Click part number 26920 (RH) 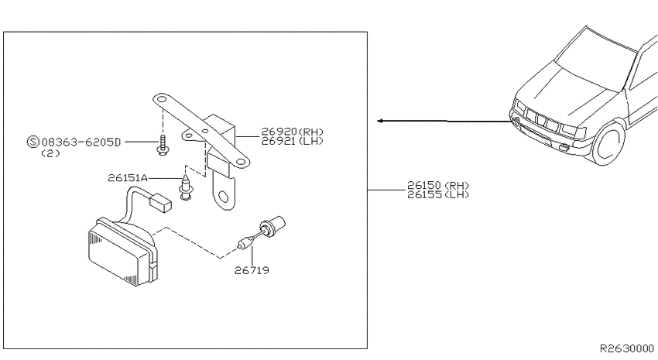click(292, 132)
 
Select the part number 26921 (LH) click(292, 142)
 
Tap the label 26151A click(128, 178)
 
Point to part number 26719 click(252, 271)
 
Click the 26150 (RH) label click(437, 186)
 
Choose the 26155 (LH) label click(437, 194)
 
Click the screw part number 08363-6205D click(81, 142)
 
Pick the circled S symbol click(33, 142)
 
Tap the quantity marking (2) click(50, 153)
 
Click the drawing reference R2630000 click(626, 348)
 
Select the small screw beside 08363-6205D click(163, 146)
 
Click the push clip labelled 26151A click(186, 187)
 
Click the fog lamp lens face click(114, 257)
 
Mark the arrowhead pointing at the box click(380, 121)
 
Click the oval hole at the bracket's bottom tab click(224, 197)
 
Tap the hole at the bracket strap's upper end click(162, 100)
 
